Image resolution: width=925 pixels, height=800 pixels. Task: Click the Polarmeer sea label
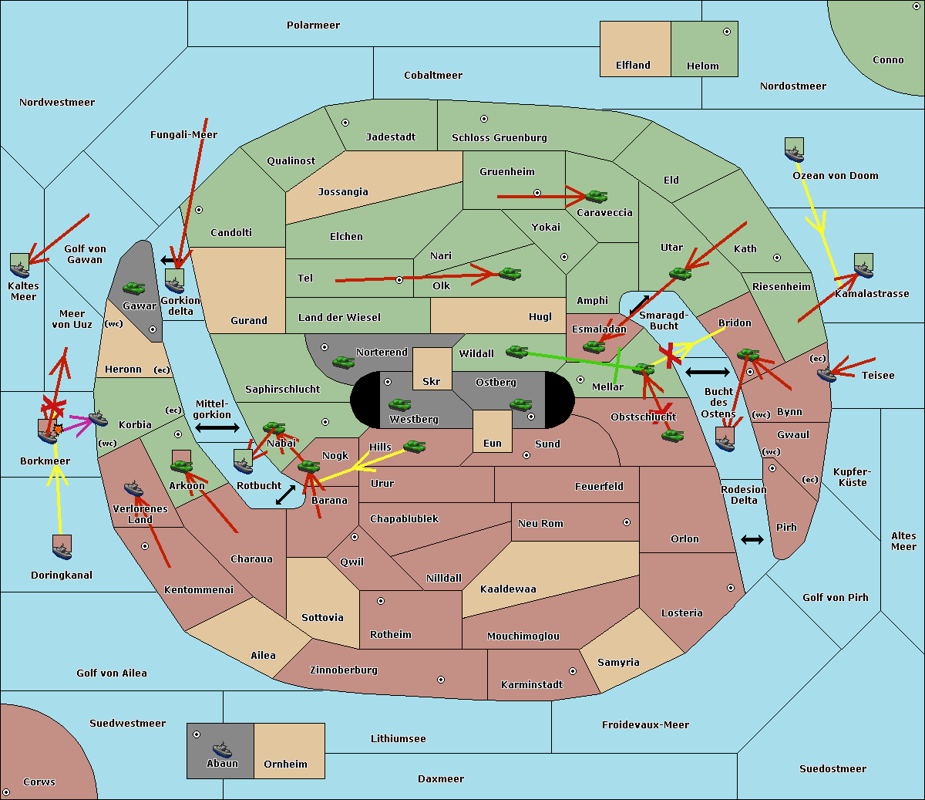click(x=313, y=25)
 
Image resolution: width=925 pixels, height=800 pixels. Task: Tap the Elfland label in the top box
click(x=633, y=66)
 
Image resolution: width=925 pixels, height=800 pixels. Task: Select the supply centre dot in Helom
click(x=727, y=32)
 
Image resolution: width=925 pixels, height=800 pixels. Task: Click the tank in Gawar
click(x=134, y=288)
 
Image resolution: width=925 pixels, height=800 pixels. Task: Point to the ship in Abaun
click(x=222, y=750)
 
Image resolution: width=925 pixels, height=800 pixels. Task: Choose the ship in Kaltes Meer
click(x=20, y=270)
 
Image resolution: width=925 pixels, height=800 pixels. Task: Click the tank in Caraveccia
click(x=597, y=196)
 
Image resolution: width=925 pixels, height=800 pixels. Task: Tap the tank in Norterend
click(x=344, y=362)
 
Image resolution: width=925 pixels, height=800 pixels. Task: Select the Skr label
click(x=432, y=381)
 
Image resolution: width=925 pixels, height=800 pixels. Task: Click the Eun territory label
click(x=493, y=443)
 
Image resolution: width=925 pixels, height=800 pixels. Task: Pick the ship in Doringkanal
click(x=62, y=551)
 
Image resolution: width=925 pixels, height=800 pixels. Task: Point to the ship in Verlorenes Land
click(x=133, y=488)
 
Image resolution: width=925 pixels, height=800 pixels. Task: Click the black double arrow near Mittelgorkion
click(x=217, y=427)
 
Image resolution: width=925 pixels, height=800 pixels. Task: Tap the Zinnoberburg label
click(x=344, y=670)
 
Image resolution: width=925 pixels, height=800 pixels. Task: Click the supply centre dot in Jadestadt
click(x=345, y=123)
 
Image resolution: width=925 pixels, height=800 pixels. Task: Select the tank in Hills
click(x=415, y=446)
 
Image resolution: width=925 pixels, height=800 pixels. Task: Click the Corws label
click(x=39, y=781)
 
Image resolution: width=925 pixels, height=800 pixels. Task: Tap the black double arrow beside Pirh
click(x=752, y=540)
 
